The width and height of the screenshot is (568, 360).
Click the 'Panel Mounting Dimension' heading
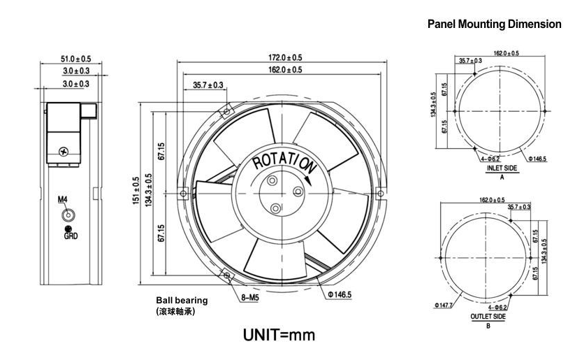click(494, 24)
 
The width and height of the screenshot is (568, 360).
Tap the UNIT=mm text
click(279, 336)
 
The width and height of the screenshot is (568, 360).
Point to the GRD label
click(71, 236)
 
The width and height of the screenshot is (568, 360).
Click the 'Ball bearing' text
click(182, 301)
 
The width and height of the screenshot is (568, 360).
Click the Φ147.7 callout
click(445, 305)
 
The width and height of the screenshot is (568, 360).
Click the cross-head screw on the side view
click(65, 150)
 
